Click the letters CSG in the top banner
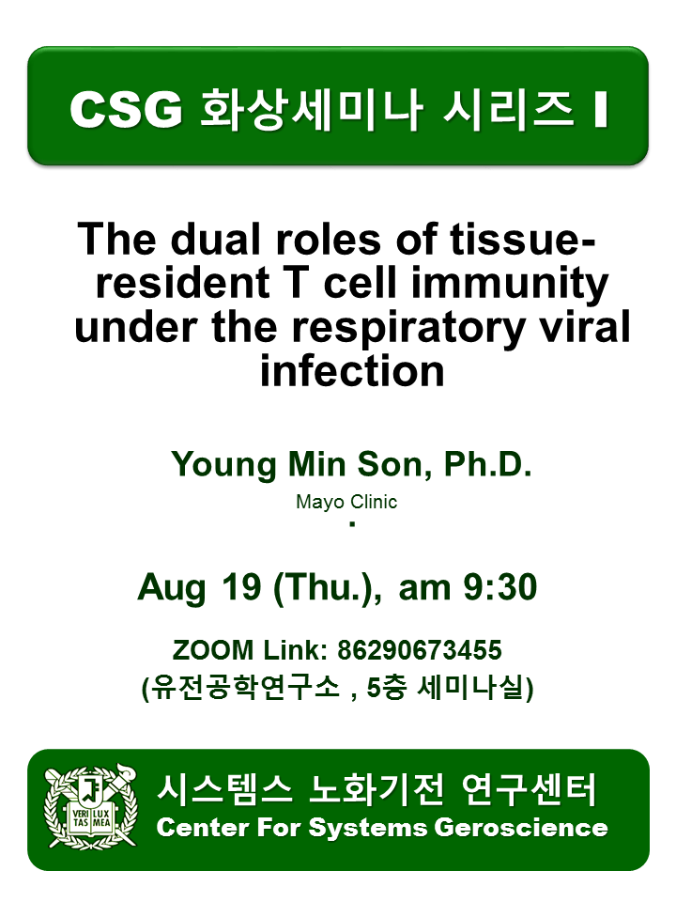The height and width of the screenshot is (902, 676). click(x=126, y=109)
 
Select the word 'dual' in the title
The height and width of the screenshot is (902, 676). click(x=217, y=239)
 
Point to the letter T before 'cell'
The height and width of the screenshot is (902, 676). click(x=298, y=283)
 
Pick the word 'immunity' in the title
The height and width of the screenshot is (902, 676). click(x=510, y=285)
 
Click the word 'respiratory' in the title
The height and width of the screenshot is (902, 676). click(x=408, y=329)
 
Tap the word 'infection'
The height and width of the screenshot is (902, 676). click(x=352, y=371)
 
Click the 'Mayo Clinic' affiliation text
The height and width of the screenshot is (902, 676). click(x=346, y=502)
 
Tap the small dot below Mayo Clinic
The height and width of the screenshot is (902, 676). click(x=352, y=524)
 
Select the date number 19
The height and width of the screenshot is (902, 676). click(x=241, y=587)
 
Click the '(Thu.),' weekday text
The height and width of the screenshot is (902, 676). click(x=328, y=588)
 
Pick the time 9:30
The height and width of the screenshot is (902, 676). click(x=499, y=587)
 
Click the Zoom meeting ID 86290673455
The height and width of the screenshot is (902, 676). click(x=419, y=650)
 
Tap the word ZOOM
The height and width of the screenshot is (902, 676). click(x=213, y=650)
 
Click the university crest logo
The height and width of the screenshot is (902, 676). click(x=91, y=806)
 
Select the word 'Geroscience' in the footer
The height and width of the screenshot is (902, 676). click(x=521, y=828)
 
